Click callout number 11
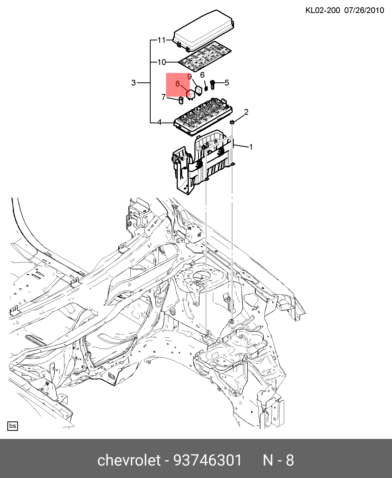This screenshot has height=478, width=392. click(x=162, y=40)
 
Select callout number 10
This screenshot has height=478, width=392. click(x=162, y=62)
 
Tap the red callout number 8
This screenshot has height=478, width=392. click(x=177, y=84)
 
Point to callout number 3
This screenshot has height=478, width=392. click(x=133, y=83)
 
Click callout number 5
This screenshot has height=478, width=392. click(x=227, y=83)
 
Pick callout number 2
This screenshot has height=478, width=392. click(x=246, y=112)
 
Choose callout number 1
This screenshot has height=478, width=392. click(x=251, y=147)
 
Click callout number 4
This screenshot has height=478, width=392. click(x=160, y=122)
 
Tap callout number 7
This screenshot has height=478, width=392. click(x=163, y=97)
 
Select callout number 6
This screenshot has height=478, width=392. click(x=202, y=75)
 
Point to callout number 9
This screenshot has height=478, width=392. click(x=189, y=77)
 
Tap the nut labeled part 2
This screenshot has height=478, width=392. click(x=232, y=122)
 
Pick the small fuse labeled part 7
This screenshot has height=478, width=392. click(x=181, y=100)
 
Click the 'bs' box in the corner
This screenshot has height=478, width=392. click(x=13, y=426)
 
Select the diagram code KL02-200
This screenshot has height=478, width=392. click(x=323, y=10)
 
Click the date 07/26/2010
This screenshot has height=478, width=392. click(x=364, y=10)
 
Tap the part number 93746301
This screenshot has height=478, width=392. click(x=208, y=460)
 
